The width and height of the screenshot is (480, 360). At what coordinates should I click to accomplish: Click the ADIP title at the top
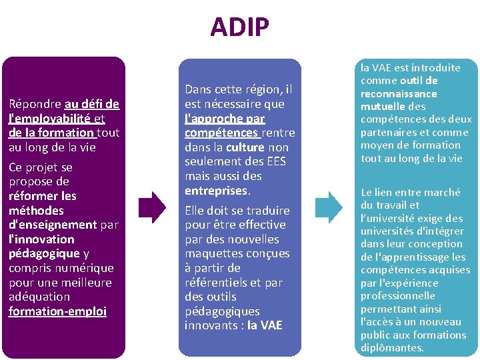point(239,27)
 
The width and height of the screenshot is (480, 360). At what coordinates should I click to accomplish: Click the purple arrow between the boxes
point(154,207)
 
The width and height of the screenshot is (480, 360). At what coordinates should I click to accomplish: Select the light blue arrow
point(329,207)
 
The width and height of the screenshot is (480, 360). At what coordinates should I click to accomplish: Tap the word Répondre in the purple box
point(35,103)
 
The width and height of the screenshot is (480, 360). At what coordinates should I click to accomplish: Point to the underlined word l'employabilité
point(51,118)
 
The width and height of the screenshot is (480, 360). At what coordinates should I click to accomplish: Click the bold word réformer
point(33,195)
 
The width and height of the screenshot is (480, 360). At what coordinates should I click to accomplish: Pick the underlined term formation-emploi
point(57,311)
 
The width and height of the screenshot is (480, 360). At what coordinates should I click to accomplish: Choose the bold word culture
point(245,147)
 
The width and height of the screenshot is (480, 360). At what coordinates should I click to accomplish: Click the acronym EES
point(275,161)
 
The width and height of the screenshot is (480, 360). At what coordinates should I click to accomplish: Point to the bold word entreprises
point(216,191)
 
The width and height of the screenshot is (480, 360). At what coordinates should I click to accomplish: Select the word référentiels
point(218,282)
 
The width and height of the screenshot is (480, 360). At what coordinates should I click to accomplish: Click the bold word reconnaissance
point(399,93)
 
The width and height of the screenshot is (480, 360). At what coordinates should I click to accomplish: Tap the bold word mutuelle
point(383,106)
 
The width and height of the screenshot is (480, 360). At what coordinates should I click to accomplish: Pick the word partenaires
point(387,132)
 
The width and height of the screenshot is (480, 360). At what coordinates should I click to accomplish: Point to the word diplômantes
point(391,347)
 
